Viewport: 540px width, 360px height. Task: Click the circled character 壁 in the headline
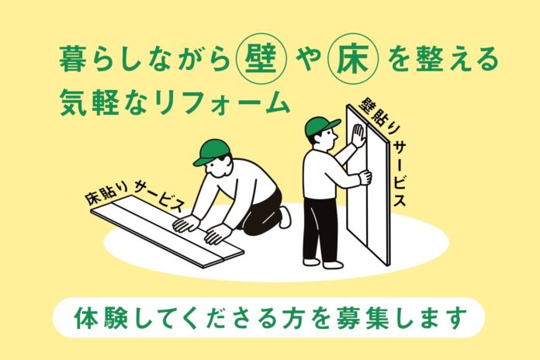(x=259, y=59)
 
